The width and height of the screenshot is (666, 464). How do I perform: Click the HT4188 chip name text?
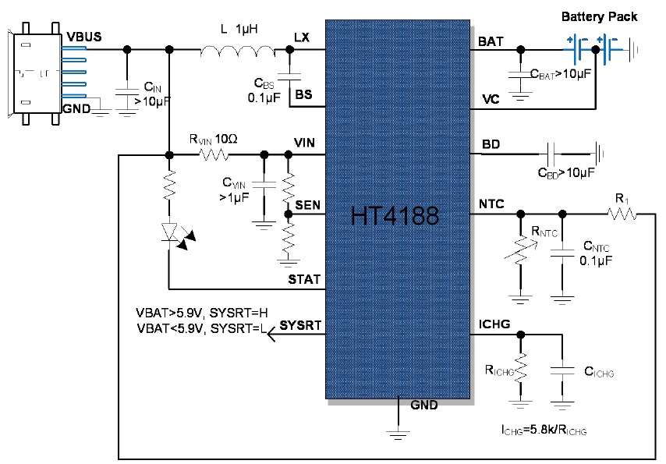[395, 215]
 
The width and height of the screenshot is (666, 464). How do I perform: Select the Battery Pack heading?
[599, 16]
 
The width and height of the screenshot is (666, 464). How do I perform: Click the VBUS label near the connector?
[83, 37]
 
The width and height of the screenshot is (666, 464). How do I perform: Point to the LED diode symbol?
[169, 232]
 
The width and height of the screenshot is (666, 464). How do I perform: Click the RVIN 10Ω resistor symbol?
[214, 154]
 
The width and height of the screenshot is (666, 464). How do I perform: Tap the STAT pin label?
[304, 278]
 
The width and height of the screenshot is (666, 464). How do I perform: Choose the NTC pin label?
[491, 205]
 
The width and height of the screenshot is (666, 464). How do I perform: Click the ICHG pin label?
[494, 324]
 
